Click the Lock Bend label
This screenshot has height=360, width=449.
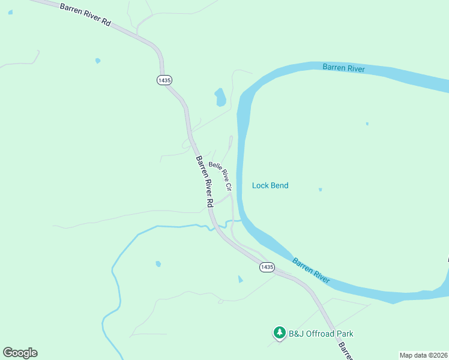[x=270, y=185]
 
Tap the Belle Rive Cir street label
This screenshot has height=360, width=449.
[x=220, y=176]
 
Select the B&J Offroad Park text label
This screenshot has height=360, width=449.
[x=321, y=334]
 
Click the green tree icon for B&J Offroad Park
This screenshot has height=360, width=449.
[x=279, y=332]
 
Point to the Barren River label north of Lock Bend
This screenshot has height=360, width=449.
[x=343, y=68]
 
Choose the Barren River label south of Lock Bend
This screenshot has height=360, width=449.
[x=311, y=271]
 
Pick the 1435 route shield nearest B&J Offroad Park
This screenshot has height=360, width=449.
[x=267, y=267]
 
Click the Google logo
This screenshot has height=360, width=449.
[x=20, y=353]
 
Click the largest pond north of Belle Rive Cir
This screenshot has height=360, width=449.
[x=220, y=97]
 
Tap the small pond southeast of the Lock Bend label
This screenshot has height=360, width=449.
[x=321, y=190]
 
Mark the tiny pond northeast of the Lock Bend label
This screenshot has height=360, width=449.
[x=367, y=124]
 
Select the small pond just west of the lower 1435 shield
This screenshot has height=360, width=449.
[x=241, y=279]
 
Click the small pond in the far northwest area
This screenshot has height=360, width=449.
[x=97, y=61]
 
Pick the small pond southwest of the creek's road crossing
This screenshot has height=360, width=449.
[x=158, y=263]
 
